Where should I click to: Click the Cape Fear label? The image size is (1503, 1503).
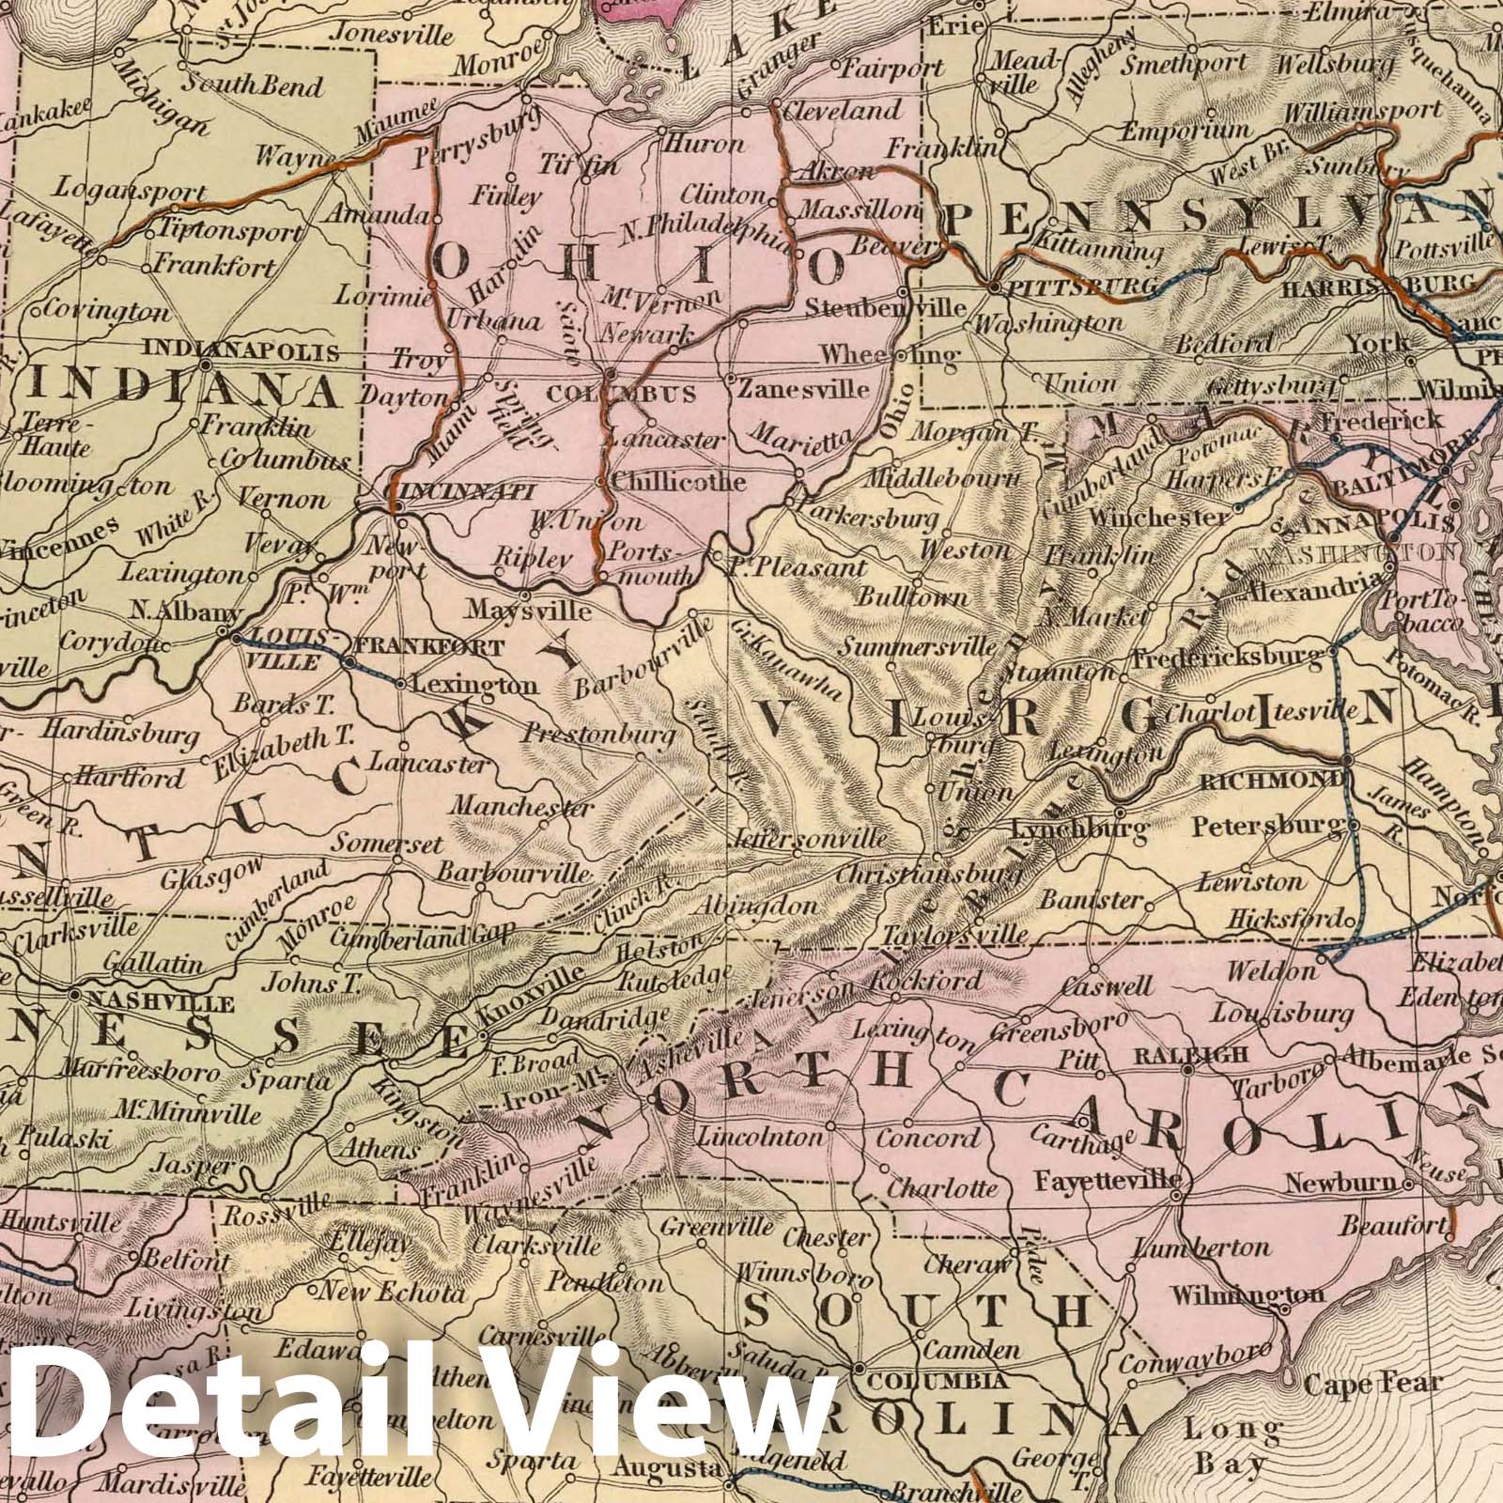(x=1371, y=1384)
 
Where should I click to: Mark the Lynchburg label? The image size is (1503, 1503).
(x=1079, y=829)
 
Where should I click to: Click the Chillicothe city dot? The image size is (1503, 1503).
(x=601, y=482)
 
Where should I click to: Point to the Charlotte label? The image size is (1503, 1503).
(x=942, y=1187)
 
